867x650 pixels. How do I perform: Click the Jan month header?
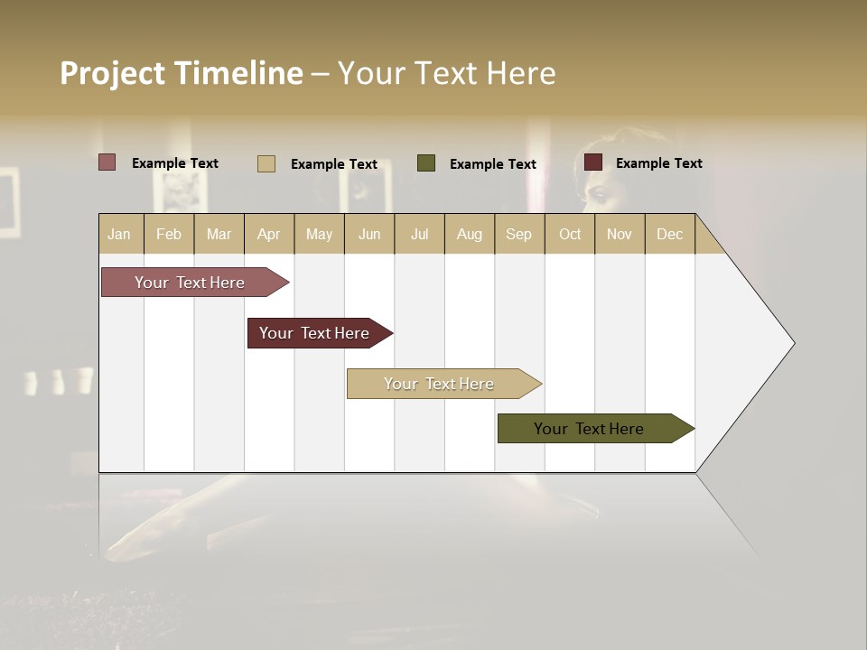(x=119, y=234)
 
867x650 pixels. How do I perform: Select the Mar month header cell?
(x=219, y=234)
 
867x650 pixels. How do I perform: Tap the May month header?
(x=319, y=234)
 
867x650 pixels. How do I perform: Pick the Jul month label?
(x=419, y=234)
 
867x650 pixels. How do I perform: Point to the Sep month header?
(x=518, y=234)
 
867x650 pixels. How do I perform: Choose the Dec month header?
(x=669, y=234)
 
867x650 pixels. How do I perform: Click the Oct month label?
(x=570, y=234)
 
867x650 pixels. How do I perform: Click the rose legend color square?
(x=107, y=162)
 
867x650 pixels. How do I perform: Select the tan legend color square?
(x=266, y=163)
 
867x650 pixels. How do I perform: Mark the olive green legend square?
(x=426, y=163)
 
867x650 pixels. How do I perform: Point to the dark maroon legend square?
(x=593, y=162)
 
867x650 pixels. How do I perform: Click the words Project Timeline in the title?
(x=182, y=73)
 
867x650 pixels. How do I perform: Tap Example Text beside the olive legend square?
(x=493, y=164)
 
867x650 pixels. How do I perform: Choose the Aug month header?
(x=469, y=234)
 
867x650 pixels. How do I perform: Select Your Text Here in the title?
(x=447, y=73)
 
